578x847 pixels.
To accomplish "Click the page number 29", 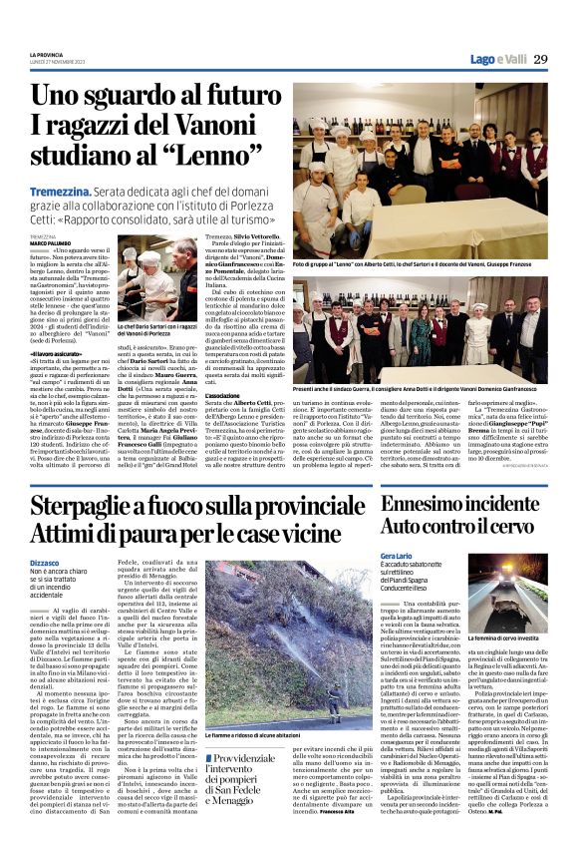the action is pyautogui.click(x=539, y=59).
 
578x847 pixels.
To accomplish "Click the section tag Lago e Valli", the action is pyautogui.click(x=497, y=59).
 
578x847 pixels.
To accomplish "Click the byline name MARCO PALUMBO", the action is pyautogui.click(x=50, y=242).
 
